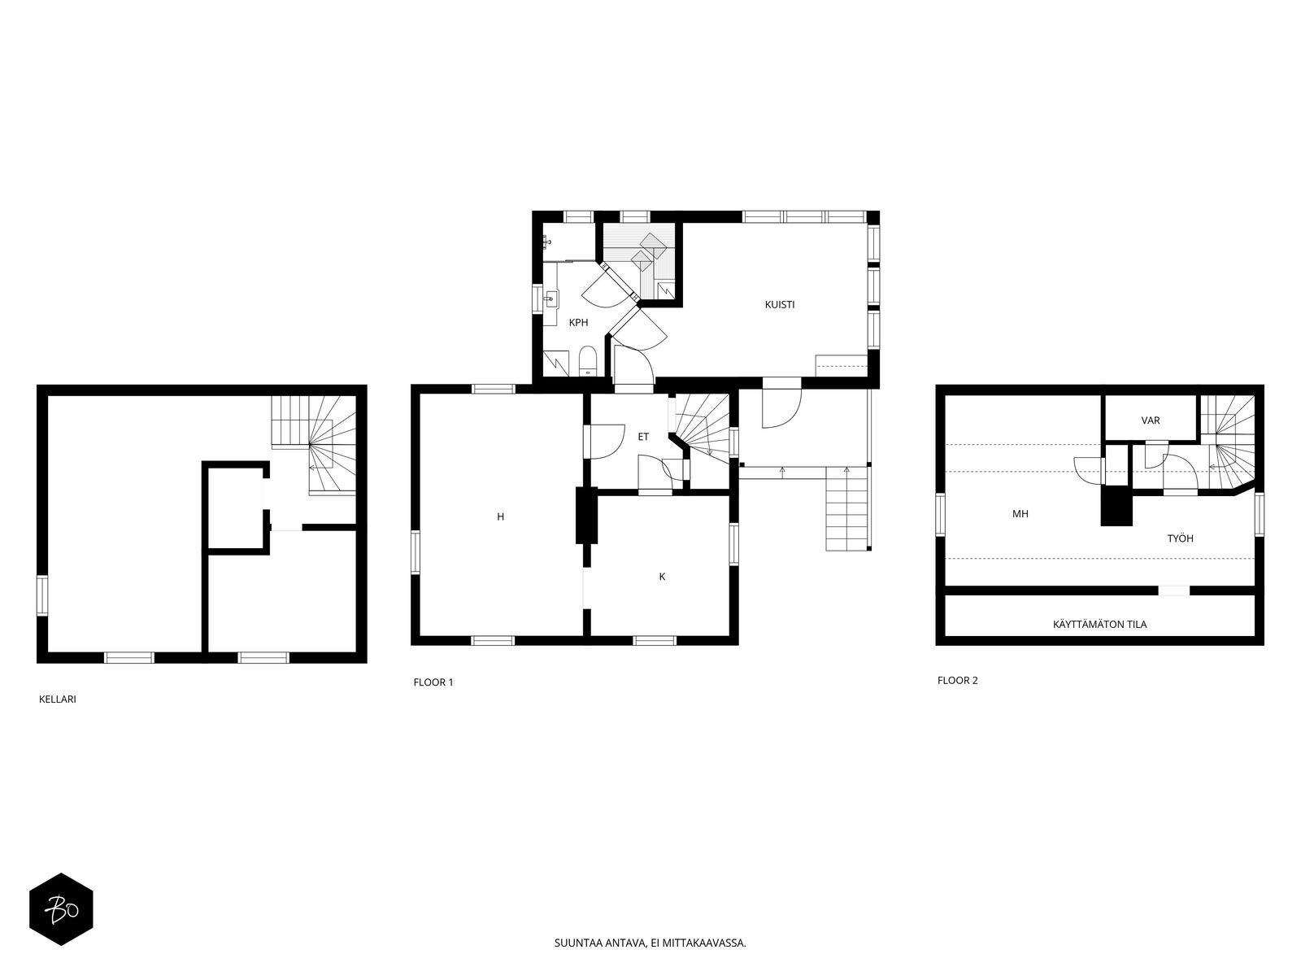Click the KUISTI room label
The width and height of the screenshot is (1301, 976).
click(780, 304)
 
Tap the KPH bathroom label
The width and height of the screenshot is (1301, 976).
click(578, 322)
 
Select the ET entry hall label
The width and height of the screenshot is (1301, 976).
click(643, 437)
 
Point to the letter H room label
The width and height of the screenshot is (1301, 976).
click(500, 516)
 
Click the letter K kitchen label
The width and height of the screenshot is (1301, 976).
click(662, 577)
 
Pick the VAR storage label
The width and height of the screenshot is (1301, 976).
click(1151, 420)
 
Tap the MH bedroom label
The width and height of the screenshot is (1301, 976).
click(1020, 514)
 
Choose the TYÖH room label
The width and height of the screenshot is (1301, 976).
click(1180, 538)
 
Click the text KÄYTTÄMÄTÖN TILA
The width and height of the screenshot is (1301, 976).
click(1099, 624)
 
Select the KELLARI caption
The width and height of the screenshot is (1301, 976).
click(58, 699)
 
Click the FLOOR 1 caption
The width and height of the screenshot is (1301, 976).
click(433, 682)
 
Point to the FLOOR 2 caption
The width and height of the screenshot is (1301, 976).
click(957, 680)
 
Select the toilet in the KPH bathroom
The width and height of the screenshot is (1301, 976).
click(587, 361)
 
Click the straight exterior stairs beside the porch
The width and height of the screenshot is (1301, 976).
click(849, 508)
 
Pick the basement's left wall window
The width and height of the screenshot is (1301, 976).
click(41, 595)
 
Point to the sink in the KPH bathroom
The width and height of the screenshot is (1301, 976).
click(551, 300)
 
